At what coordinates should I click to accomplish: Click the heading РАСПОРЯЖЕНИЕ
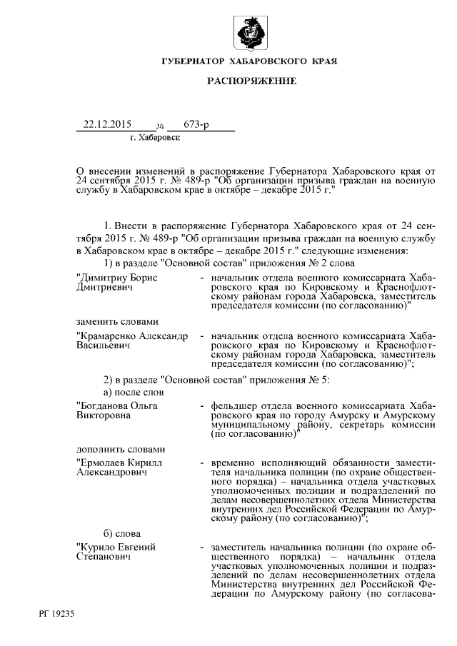tap(251, 81)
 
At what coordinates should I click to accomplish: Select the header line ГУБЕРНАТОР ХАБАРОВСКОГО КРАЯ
tap(251, 61)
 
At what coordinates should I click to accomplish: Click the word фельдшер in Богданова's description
tap(234, 405)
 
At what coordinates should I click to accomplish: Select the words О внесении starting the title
tap(105, 171)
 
